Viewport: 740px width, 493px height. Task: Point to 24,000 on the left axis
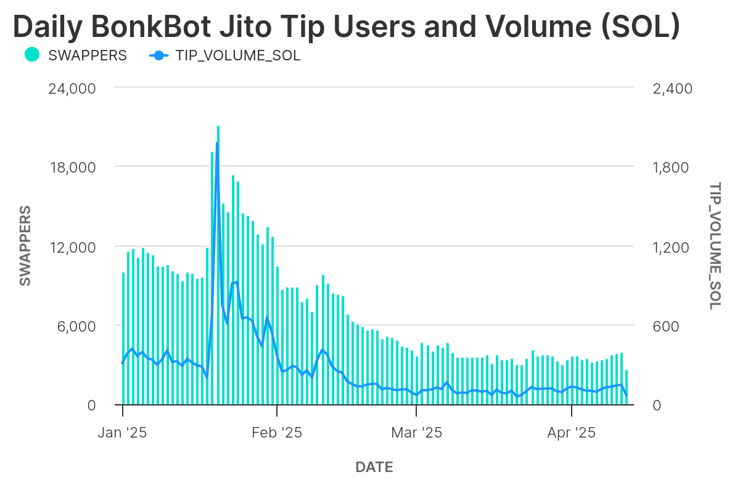72,88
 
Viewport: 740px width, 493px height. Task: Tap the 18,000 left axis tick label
72,168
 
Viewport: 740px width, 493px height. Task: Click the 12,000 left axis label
72,247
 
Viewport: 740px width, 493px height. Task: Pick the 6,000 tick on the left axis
76,326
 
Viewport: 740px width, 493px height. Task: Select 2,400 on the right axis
672,88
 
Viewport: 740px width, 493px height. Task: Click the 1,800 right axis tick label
672,168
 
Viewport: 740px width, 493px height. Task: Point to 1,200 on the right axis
672,247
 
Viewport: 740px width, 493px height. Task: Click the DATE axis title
374,467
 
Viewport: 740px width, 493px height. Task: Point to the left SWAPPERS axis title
25,246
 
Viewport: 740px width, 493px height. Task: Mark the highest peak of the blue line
217,143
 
